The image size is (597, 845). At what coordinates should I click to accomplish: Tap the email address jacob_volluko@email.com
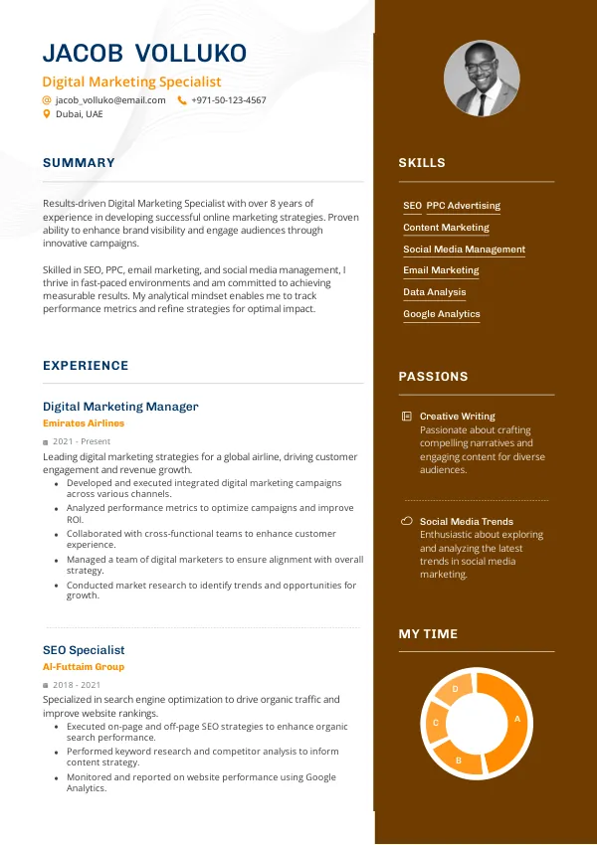[x=110, y=100]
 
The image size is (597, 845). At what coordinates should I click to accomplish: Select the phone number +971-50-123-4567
[x=229, y=100]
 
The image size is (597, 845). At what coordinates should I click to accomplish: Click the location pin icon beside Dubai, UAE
[x=46, y=114]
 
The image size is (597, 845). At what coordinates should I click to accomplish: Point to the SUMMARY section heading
[x=79, y=163]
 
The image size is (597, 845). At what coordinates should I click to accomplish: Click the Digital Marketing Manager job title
[x=120, y=407]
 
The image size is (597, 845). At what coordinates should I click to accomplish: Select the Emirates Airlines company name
[x=84, y=423]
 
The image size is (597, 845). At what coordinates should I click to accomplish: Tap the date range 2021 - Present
[x=82, y=441]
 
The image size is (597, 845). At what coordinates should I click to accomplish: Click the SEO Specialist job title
[x=84, y=650]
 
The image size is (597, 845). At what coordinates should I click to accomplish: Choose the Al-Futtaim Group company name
[x=84, y=667]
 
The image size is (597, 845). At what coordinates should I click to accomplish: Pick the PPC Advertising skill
[x=464, y=206]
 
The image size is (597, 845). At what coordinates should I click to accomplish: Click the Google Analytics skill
[x=442, y=314]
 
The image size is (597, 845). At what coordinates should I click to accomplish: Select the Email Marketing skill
[x=441, y=270]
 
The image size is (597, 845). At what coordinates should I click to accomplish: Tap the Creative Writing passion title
[x=457, y=417]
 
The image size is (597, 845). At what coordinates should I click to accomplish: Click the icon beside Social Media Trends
[x=406, y=521]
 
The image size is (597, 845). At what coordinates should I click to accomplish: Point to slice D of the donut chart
[x=456, y=689]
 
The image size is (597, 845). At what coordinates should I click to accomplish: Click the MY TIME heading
[x=428, y=634]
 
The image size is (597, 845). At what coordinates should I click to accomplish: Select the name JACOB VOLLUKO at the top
[x=144, y=54]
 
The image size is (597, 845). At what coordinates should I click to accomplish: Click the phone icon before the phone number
[x=182, y=100]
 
